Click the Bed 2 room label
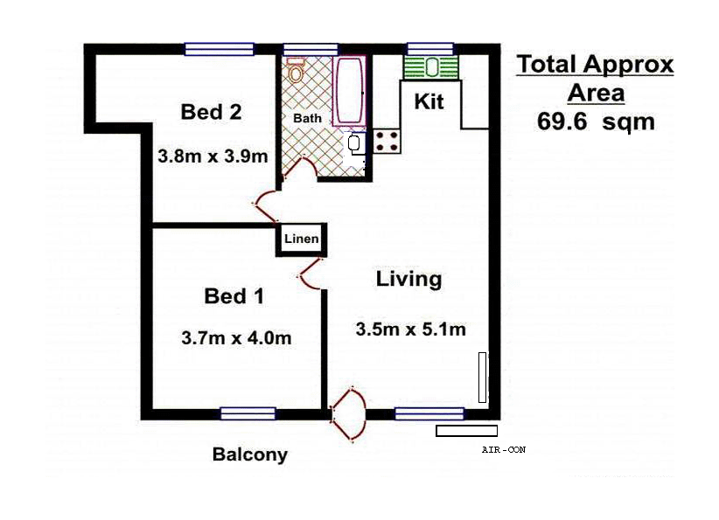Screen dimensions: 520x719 (211, 112)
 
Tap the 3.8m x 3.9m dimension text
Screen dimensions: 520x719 (213, 156)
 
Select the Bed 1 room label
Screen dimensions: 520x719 (234, 296)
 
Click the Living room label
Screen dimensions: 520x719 (408, 280)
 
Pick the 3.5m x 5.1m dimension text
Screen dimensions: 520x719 (410, 329)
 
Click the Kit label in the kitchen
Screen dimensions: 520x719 (429, 101)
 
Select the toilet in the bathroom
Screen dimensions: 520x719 (296, 71)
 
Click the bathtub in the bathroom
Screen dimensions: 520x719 (350, 91)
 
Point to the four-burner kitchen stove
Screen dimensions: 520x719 (386, 141)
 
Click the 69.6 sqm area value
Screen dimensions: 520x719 (595, 121)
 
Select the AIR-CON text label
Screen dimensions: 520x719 (504, 450)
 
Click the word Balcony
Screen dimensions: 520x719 (249, 454)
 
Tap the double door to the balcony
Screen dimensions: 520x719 (347, 415)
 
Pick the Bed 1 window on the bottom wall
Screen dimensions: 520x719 (248, 413)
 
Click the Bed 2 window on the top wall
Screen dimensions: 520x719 (219, 49)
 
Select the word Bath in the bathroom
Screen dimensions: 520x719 (307, 118)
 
